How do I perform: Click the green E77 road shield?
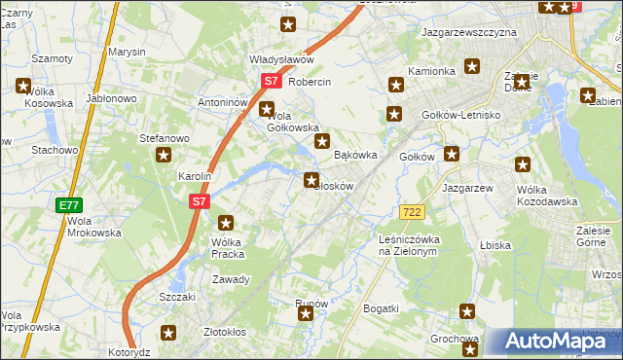pos(68,205)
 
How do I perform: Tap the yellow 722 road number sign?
pos(410,211)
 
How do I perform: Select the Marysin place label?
pos(127,51)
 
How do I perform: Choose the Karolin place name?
pos(195,177)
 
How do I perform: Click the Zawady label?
pos(233,279)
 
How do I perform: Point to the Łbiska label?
pos(495,245)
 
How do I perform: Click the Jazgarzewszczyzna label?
pos(468,32)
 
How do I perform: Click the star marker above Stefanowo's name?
pos(164,155)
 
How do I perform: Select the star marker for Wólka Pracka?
pos(227,223)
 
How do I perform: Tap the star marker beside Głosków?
pos(311,179)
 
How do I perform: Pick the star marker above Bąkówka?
pos(321,142)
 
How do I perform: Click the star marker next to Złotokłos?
pos(169,333)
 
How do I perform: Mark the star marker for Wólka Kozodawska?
pos(524,166)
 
